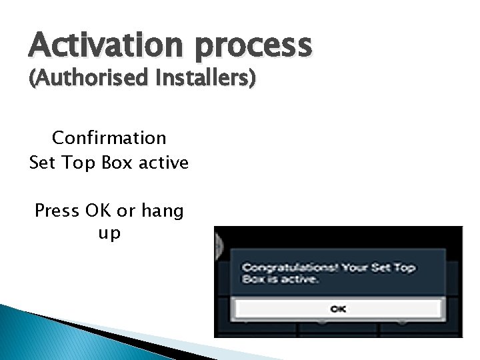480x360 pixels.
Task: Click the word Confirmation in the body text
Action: coord(109,138)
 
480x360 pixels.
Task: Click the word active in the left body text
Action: coord(164,162)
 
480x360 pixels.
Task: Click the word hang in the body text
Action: coord(161,212)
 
